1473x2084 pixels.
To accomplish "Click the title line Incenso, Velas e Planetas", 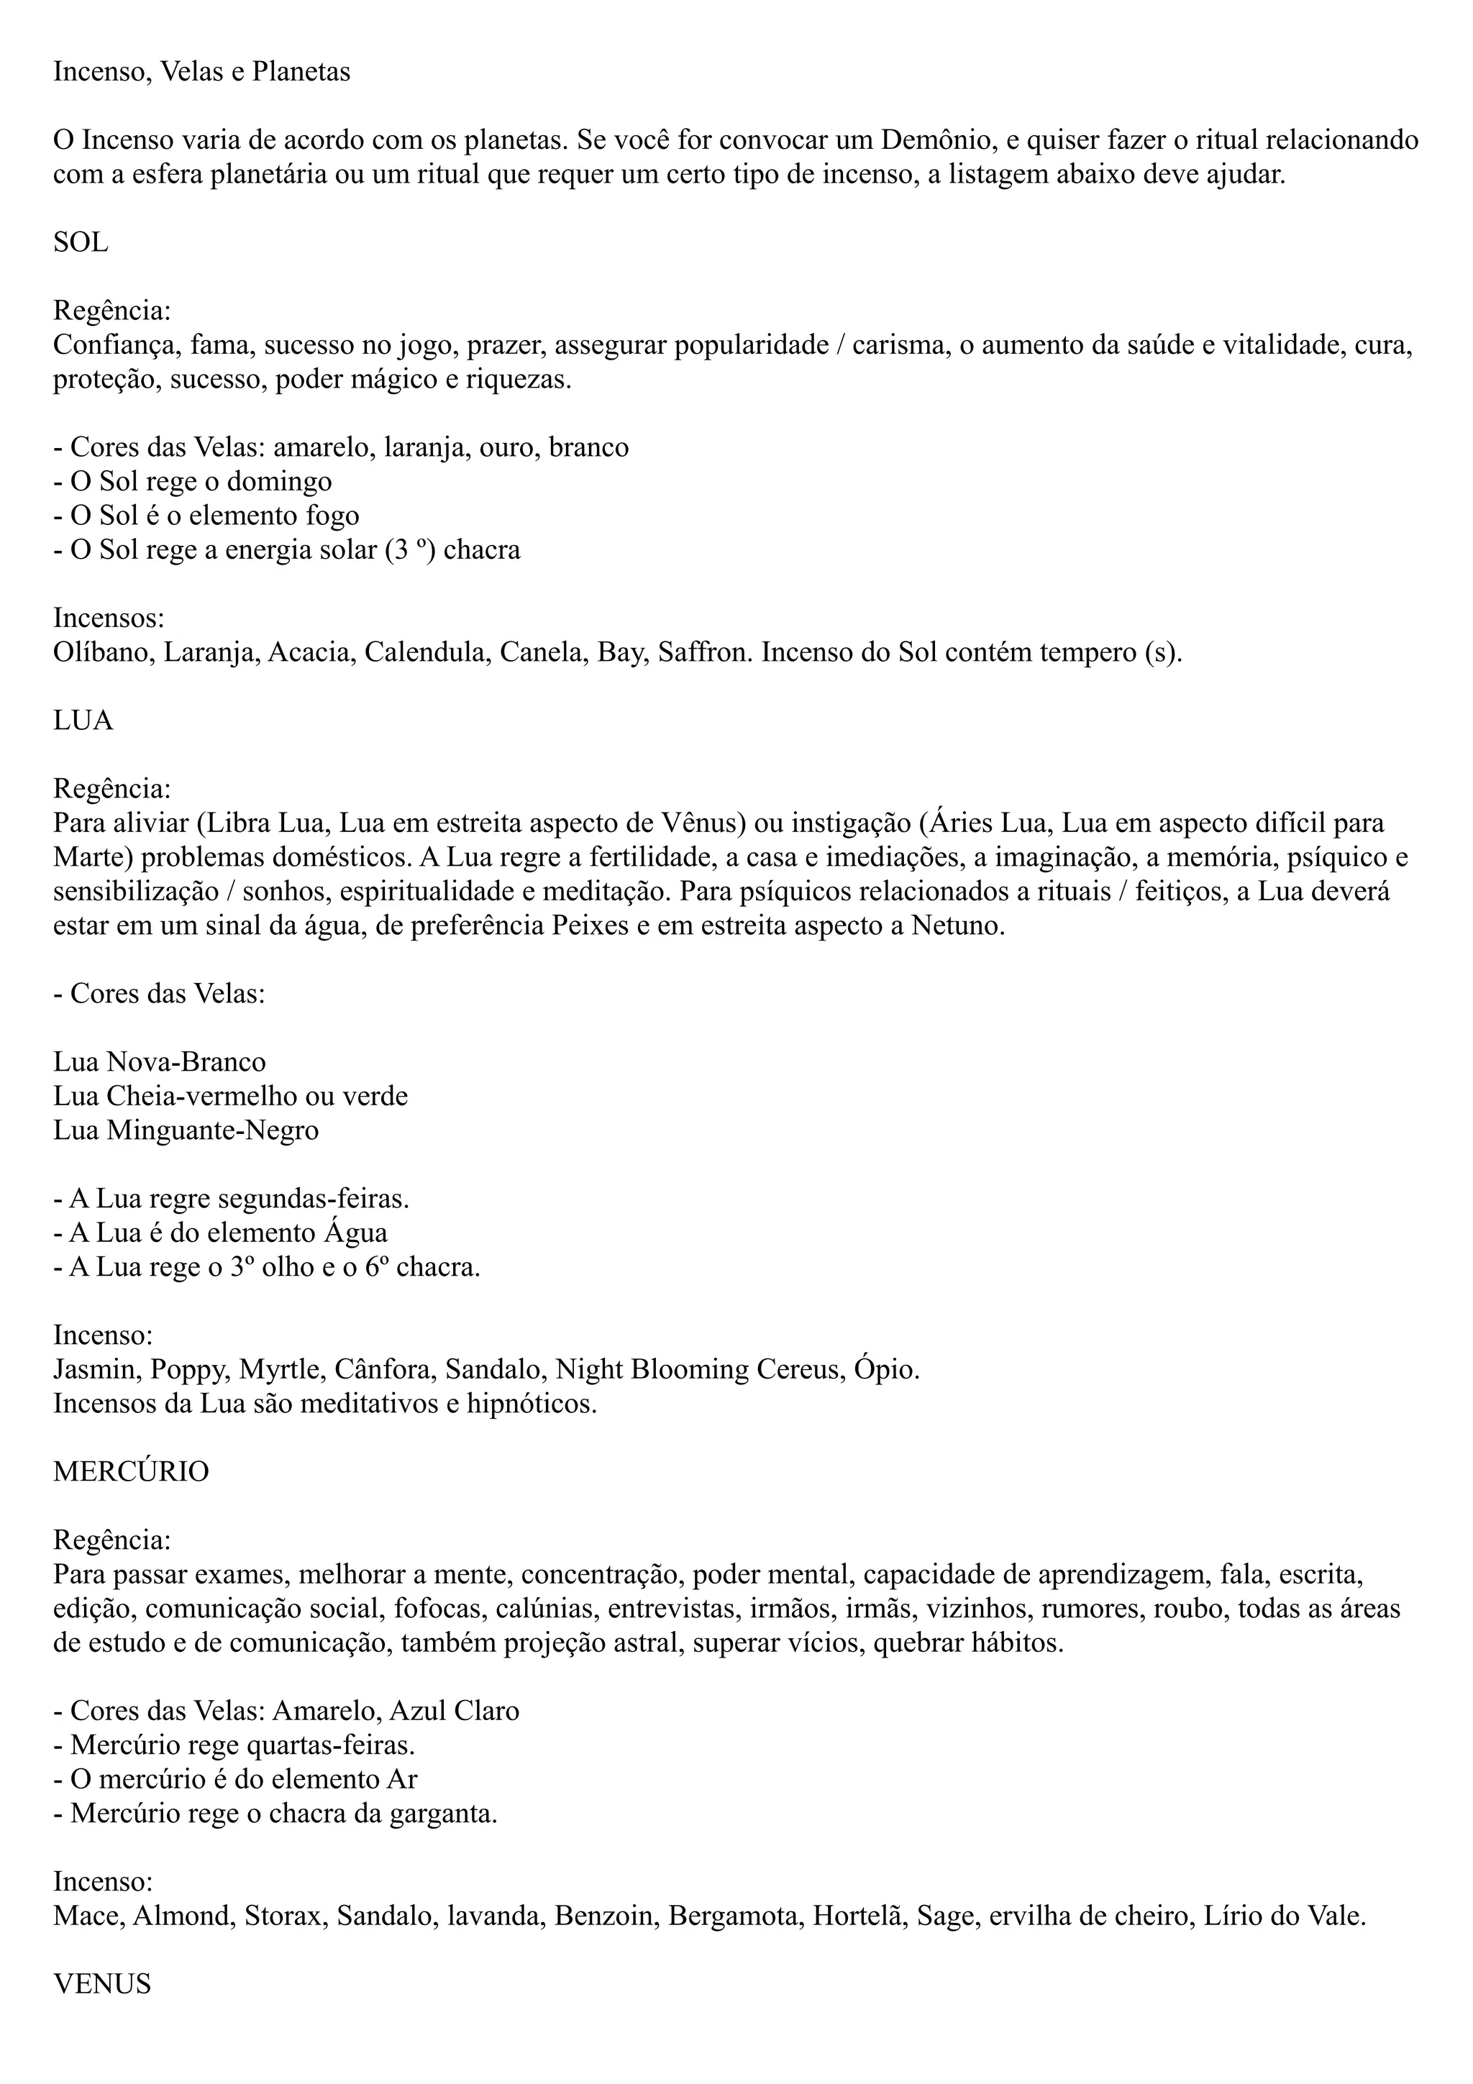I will click(x=201, y=72).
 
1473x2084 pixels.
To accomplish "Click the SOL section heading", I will click(x=81, y=243).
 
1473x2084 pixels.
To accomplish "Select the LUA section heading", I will click(x=83, y=721).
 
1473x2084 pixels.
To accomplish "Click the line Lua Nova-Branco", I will click(x=160, y=1063).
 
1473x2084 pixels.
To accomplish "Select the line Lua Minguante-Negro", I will click(x=186, y=1131).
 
